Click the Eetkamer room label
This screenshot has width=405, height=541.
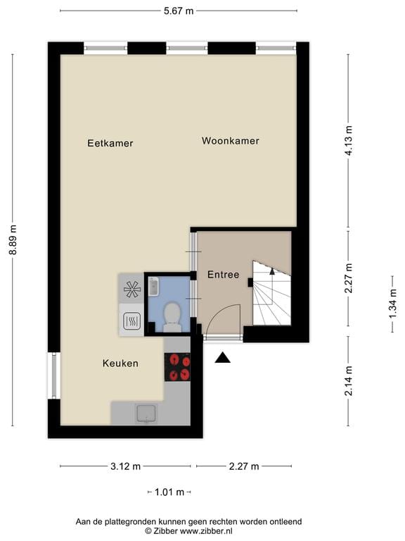click(x=110, y=143)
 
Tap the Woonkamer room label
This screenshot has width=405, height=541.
click(x=231, y=141)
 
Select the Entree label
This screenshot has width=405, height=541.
click(x=223, y=275)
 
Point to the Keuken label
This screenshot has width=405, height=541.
click(x=120, y=363)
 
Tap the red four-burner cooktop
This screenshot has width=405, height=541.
click(x=177, y=367)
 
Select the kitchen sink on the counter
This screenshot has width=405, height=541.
click(x=146, y=413)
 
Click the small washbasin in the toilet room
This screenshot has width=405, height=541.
click(x=153, y=287)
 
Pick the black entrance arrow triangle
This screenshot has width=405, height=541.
click(x=222, y=358)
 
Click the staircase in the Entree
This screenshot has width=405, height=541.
click(x=271, y=293)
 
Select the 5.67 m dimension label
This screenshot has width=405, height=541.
click(x=179, y=11)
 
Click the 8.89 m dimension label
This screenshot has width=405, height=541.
click(x=13, y=240)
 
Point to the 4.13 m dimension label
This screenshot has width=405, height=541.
click(x=349, y=141)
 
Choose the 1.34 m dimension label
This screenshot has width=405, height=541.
click(x=392, y=304)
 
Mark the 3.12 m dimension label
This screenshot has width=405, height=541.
click(x=125, y=466)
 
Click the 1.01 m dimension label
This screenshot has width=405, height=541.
click(x=169, y=492)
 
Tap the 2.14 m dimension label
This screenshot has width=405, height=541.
click(x=349, y=380)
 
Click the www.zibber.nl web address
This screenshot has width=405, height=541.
click(x=206, y=531)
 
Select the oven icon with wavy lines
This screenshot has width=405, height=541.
click(x=131, y=321)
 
